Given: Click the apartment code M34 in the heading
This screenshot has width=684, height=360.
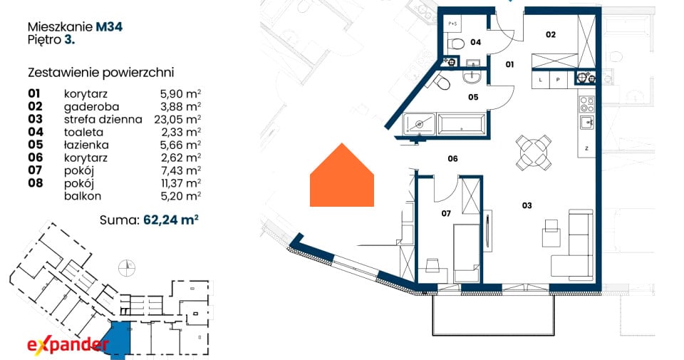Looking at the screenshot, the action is point(109,26).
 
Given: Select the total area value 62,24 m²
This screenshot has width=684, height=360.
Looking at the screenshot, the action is point(171,220).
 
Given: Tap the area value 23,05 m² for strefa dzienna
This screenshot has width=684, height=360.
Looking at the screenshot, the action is point(177,119).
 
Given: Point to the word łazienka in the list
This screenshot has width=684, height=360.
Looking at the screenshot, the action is point(86,145).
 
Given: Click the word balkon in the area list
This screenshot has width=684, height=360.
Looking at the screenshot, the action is point(83,196).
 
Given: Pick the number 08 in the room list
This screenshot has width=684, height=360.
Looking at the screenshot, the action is point(36,182).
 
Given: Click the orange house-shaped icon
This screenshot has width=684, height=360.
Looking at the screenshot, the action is point(342,175).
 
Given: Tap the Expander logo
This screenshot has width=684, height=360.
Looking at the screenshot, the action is point(68,345).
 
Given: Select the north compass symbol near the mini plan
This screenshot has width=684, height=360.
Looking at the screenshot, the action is point(127,267).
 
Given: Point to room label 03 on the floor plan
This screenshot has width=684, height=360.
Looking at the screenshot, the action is point(527,205).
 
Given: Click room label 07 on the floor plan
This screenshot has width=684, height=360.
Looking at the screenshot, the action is point(446,213).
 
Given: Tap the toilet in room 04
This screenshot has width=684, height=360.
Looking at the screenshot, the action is point(456,43).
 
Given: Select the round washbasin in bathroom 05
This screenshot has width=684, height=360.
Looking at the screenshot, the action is point(472,78).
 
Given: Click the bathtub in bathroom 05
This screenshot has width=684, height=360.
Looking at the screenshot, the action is point(462,124).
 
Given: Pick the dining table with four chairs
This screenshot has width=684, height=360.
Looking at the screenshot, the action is point(533,153).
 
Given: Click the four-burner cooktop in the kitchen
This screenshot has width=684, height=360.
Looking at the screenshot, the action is point(586,105).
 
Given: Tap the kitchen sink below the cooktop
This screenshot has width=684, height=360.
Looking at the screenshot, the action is point(586,123).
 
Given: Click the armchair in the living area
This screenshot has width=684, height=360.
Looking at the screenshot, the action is point(551,232).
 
